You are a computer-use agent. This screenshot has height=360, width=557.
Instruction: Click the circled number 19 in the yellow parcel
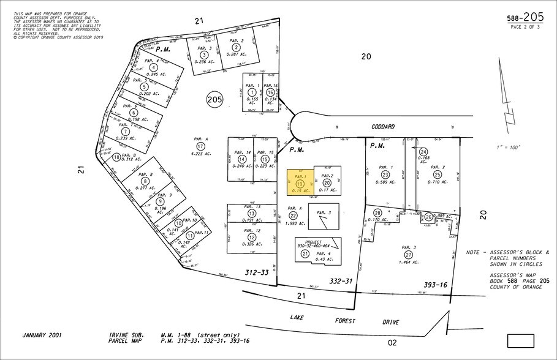[x=300, y=183]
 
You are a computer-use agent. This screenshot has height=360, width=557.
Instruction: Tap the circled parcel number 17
[x=200, y=146]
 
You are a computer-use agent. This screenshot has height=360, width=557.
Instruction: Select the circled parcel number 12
[x=252, y=238]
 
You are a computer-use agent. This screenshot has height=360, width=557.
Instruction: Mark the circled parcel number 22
[x=294, y=216]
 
